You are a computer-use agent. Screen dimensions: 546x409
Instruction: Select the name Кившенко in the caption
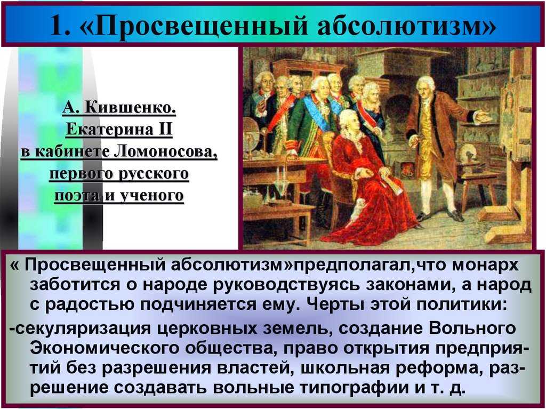(x=130, y=108)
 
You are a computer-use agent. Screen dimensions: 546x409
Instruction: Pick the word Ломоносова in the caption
(x=165, y=152)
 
